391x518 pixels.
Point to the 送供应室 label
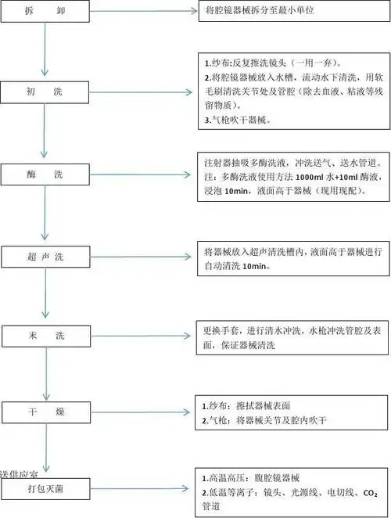pos(20,474)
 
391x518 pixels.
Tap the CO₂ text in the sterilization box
pos(371,492)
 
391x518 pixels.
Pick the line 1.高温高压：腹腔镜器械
pos(256,477)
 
